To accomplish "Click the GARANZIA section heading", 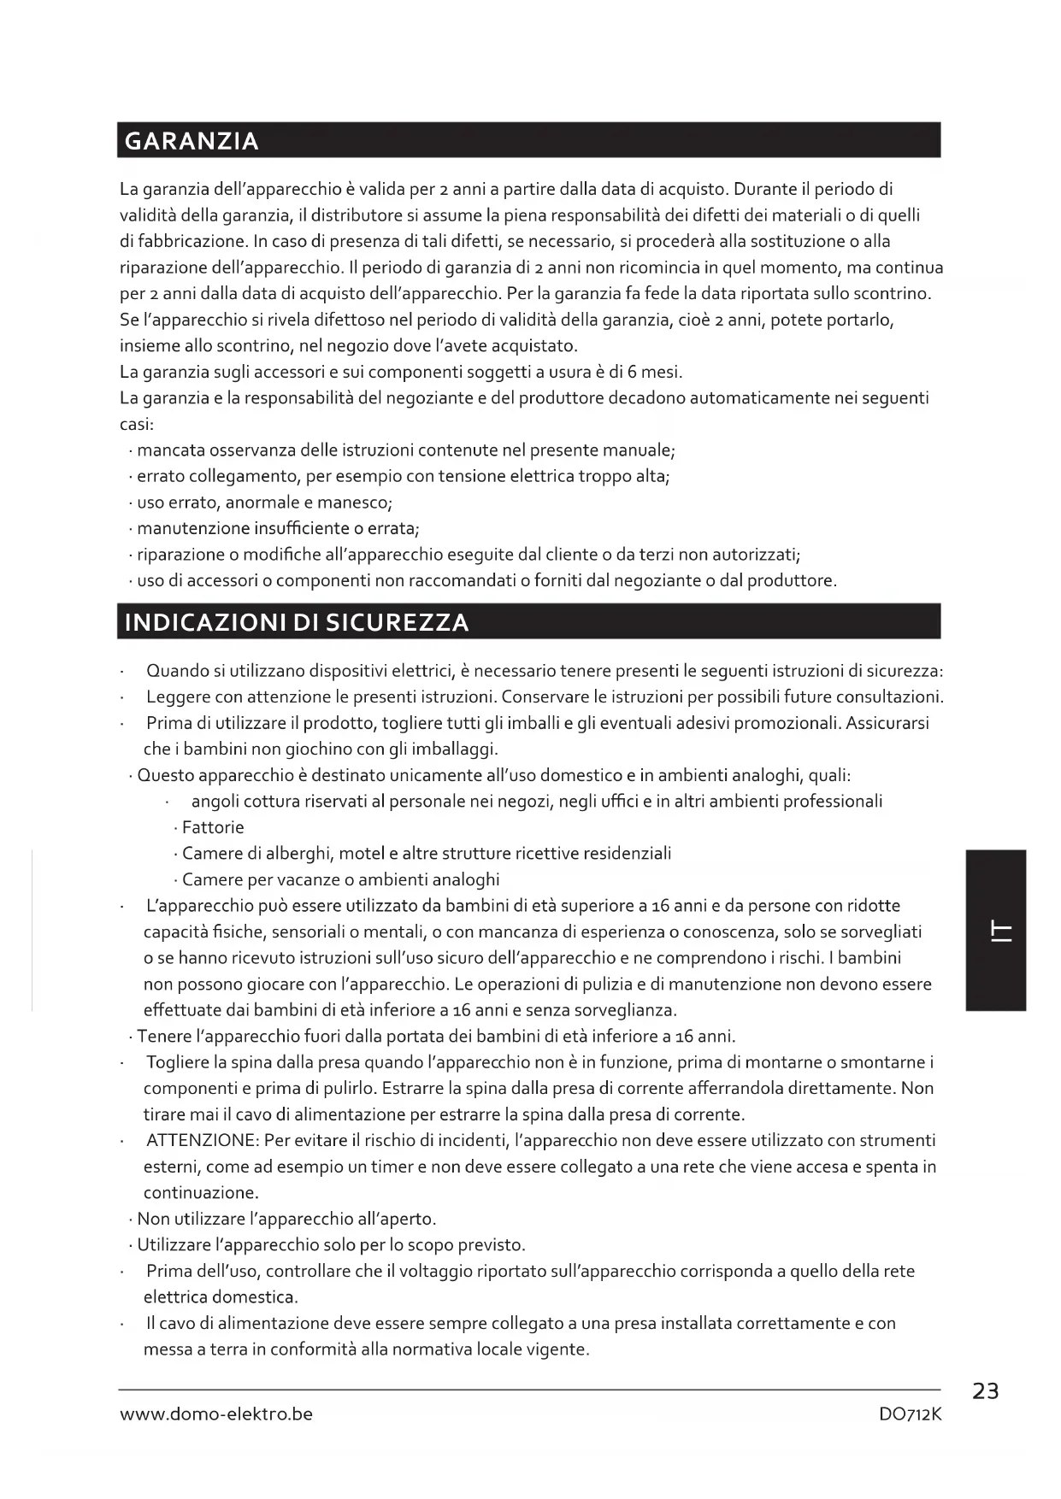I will (192, 141).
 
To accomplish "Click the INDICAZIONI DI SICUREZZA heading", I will (297, 622).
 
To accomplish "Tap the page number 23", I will (985, 1391).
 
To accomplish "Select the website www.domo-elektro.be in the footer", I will (216, 1414).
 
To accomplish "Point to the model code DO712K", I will (910, 1414).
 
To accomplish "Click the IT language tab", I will (996, 931).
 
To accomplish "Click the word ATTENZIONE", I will (202, 1141).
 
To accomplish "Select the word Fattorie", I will (213, 828).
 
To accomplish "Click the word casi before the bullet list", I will (136, 425).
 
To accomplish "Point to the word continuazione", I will (201, 1193).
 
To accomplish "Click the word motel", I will (362, 854).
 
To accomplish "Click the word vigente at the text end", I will (558, 1350).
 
